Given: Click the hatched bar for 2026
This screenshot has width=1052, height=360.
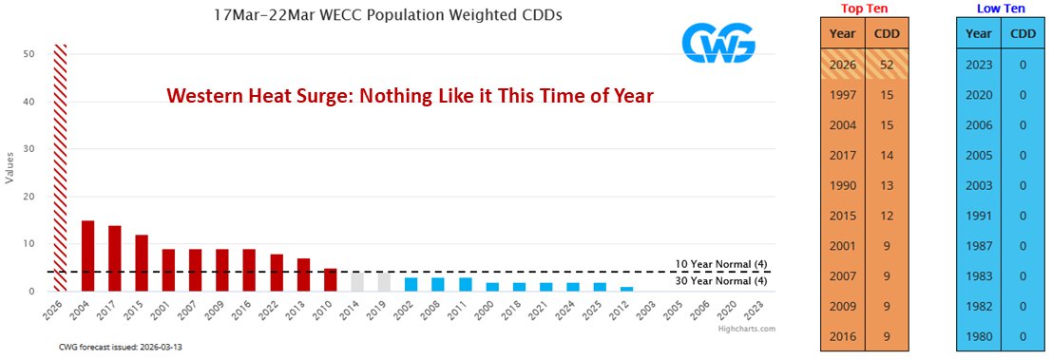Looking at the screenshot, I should pos(60,167).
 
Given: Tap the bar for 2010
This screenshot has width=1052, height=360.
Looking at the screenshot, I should pos(330,280).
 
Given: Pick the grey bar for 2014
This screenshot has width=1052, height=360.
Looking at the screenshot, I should pos(357,282).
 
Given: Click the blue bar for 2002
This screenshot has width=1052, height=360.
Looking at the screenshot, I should pos(411,284).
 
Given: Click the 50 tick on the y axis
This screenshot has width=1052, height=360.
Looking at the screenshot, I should pos(29,54).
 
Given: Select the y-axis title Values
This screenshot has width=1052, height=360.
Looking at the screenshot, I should pos(10,168).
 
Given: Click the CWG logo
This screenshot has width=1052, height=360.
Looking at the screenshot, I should pos(718,44).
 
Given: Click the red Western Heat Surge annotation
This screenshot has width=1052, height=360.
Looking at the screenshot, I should pos(410,96).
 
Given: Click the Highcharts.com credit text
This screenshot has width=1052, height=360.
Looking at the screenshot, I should pos(748,329).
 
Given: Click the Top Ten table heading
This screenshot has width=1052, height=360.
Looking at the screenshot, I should pos(864,9).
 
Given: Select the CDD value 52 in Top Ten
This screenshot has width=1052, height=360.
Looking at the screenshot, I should pos(888,66).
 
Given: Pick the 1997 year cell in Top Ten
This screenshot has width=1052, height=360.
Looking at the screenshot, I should pos(842,95).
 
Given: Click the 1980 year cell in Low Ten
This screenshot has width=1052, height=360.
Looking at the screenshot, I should pos(979,336).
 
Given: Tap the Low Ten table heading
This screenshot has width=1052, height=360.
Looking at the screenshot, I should pos(1001,9).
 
